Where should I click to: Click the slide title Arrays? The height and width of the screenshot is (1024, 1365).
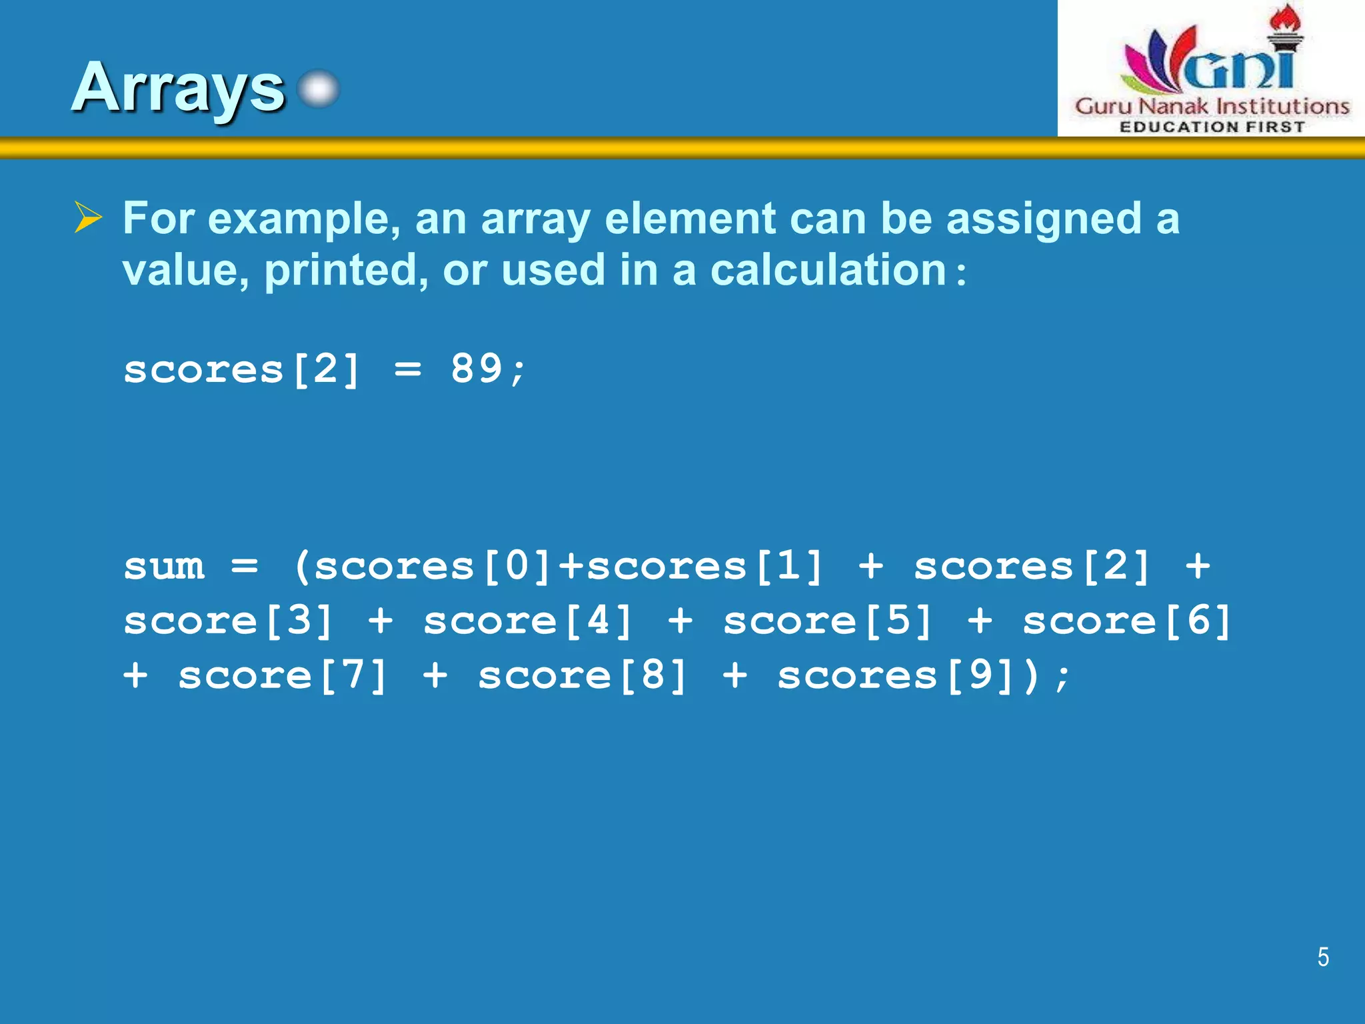pyautogui.click(x=179, y=88)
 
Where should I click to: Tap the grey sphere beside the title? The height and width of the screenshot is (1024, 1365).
pyautogui.click(x=319, y=89)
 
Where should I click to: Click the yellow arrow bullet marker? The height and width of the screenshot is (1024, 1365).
pyautogui.click(x=88, y=217)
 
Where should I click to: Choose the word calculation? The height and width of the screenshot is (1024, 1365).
pyautogui.click(x=828, y=270)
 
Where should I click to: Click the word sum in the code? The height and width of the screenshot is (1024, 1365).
pyautogui.click(x=164, y=566)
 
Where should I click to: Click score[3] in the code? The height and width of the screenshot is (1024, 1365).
pyautogui.click(x=229, y=621)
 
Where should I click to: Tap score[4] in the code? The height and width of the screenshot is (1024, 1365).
pyautogui.click(x=528, y=621)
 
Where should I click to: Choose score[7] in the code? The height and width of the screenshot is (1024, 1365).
pyautogui.click(x=283, y=675)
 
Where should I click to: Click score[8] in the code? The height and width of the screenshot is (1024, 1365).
pyautogui.click(x=583, y=675)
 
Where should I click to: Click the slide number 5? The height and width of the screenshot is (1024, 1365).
pyautogui.click(x=1323, y=957)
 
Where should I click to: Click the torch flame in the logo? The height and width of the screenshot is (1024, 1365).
pyautogui.click(x=1285, y=17)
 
